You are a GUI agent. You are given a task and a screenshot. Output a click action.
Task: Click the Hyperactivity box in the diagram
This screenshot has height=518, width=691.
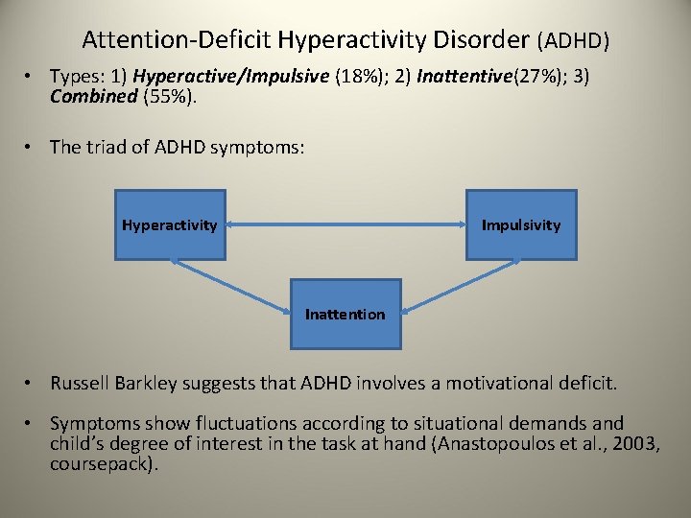pyautogui.click(x=170, y=224)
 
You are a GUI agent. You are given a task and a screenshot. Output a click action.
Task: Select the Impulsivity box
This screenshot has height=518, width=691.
pyautogui.click(x=521, y=224)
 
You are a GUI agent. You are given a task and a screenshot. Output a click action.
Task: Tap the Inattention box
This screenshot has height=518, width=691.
pyautogui.click(x=345, y=314)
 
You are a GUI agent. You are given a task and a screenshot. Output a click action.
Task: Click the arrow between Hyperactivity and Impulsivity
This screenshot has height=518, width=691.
pyautogui.click(x=345, y=225)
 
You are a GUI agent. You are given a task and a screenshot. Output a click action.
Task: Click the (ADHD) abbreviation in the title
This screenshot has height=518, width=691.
pyautogui.click(x=574, y=41)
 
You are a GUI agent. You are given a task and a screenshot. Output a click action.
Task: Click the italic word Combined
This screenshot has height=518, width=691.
pyautogui.click(x=94, y=96)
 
